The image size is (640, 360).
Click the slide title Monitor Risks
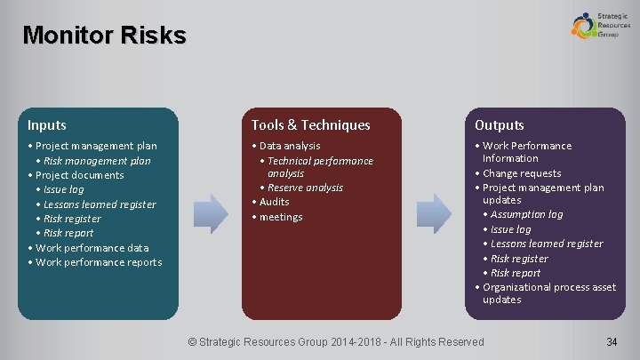(x=104, y=36)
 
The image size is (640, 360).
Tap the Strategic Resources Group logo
(x=601, y=25)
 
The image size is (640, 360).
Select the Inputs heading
(x=46, y=125)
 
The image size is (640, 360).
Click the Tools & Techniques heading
(x=310, y=125)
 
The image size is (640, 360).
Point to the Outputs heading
(x=499, y=125)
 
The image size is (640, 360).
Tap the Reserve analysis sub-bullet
(x=305, y=188)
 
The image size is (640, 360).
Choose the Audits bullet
(x=274, y=202)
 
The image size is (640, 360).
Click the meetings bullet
(x=280, y=217)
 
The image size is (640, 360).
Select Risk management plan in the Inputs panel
(x=97, y=161)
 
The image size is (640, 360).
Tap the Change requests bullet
(x=522, y=173)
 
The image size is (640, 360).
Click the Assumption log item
(x=526, y=214)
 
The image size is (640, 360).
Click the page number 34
(x=612, y=342)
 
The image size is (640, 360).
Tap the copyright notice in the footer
(x=338, y=342)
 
